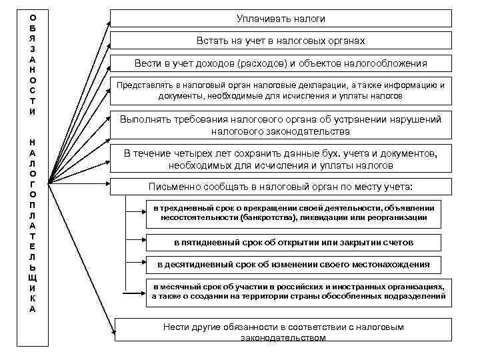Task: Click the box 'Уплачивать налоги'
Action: [x=281, y=19]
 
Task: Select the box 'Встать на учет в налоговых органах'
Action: [x=281, y=41]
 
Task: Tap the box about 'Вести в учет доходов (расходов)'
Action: [x=281, y=63]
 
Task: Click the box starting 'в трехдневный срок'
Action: [x=293, y=212]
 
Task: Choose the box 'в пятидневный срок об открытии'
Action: [x=293, y=242]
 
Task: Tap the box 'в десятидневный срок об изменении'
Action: [x=293, y=265]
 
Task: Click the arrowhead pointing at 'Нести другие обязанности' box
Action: [x=112, y=327]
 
